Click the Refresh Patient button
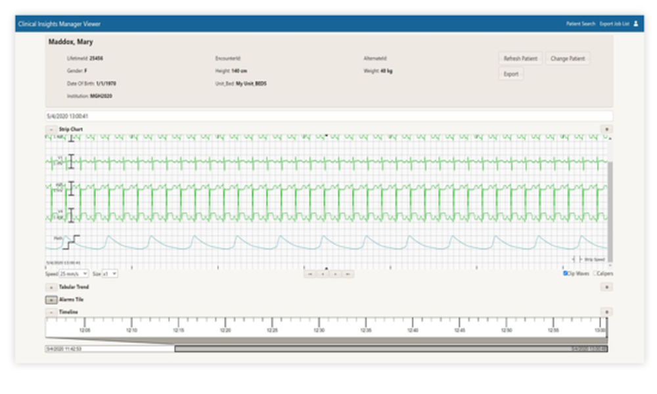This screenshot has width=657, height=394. pyautogui.click(x=520, y=58)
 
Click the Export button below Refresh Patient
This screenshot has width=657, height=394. pyautogui.click(x=510, y=74)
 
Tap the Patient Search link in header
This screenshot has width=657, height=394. pyautogui.click(x=580, y=24)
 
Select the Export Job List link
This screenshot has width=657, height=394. pyautogui.click(x=614, y=24)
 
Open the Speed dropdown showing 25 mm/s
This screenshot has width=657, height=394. pyautogui.click(x=74, y=273)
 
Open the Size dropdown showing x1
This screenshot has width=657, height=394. pyautogui.click(x=110, y=273)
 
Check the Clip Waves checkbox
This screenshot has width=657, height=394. pyautogui.click(x=565, y=273)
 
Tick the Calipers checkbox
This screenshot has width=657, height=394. pyautogui.click(x=595, y=273)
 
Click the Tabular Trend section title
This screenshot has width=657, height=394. pyautogui.click(x=74, y=287)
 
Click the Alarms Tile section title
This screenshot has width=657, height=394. pyautogui.click(x=71, y=299)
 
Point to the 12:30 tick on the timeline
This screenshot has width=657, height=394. pyautogui.click(x=319, y=321)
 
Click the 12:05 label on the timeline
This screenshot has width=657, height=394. pyautogui.click(x=85, y=330)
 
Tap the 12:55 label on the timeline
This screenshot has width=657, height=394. pyautogui.click(x=553, y=330)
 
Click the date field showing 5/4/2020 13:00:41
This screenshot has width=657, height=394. pyautogui.click(x=328, y=116)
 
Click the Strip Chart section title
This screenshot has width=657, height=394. pyautogui.click(x=70, y=129)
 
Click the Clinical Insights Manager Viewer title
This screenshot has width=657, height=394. pyautogui.click(x=60, y=24)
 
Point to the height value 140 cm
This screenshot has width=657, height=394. pyautogui.click(x=239, y=71)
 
